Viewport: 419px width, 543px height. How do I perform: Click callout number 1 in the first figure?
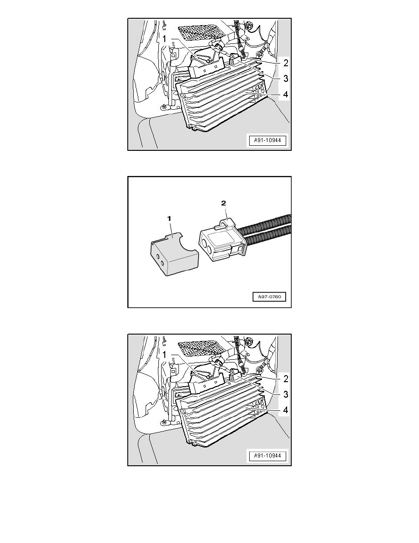pos(165,40)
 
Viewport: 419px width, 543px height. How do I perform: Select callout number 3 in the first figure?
pos(285,79)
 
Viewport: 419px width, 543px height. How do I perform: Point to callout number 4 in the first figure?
pos(285,95)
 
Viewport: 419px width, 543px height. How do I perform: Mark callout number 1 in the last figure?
pos(165,355)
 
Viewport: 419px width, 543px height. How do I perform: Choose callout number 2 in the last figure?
pos(285,379)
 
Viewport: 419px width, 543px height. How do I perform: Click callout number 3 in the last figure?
pos(285,394)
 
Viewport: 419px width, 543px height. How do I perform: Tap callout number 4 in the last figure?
pos(285,410)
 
